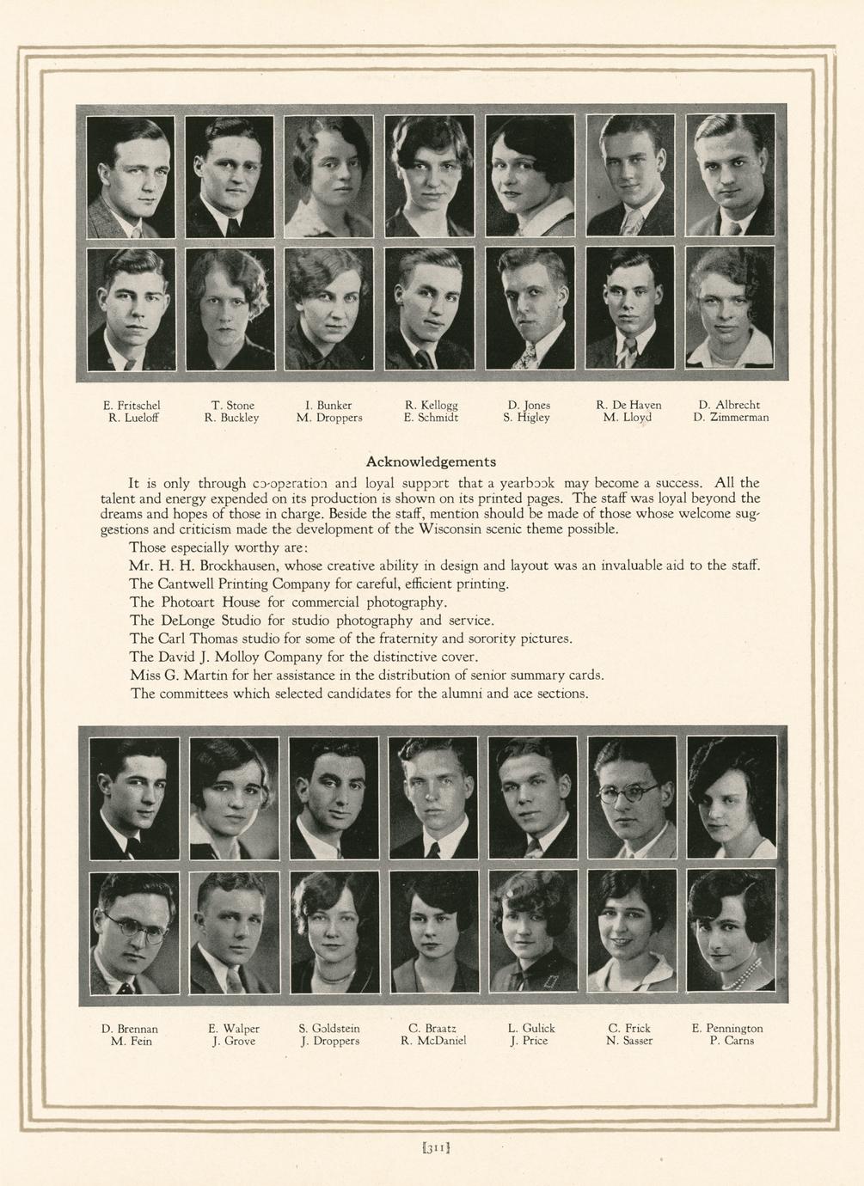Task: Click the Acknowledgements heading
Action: click(431, 462)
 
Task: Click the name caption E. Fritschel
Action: click(132, 405)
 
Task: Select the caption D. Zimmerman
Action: click(731, 418)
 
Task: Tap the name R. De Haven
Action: click(628, 405)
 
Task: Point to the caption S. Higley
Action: click(526, 418)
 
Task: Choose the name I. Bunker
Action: click(328, 405)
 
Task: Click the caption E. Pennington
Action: click(727, 1028)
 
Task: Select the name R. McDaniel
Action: click(433, 1041)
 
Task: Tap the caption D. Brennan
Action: click(130, 1028)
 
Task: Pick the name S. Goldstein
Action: click(329, 1028)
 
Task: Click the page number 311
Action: click(432, 1146)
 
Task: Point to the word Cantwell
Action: click(190, 584)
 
